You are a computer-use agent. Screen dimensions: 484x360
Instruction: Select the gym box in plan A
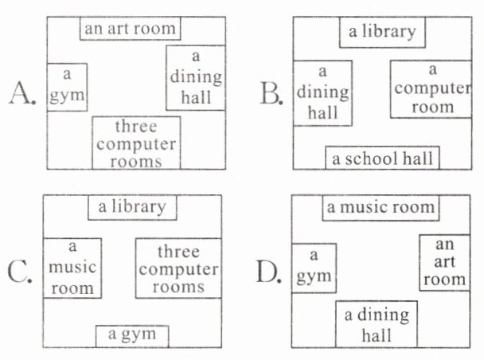coord(67,85)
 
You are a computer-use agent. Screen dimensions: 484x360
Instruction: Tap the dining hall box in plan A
coord(195,78)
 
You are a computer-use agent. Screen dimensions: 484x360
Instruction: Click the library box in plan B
coord(382,33)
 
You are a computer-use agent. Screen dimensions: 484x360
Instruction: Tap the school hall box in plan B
coord(383,158)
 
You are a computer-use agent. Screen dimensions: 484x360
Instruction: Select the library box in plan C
coord(132,206)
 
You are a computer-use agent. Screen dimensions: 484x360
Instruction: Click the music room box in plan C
coord(72,268)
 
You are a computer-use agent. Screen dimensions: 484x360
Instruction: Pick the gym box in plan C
coord(132,335)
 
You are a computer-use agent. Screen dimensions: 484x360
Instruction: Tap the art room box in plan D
coord(443,261)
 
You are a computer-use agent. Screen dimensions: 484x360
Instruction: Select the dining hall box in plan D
coord(377,324)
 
